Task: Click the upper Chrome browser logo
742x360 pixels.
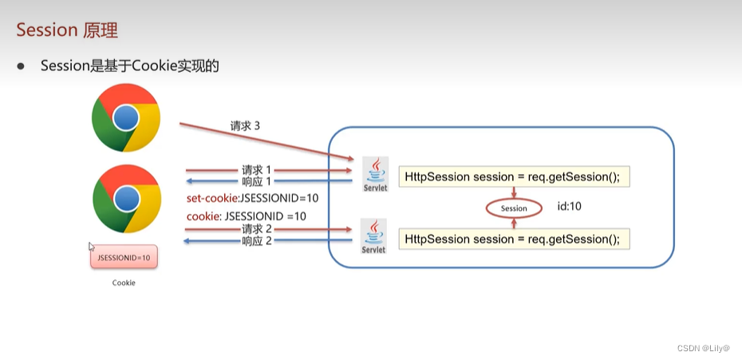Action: [126, 118]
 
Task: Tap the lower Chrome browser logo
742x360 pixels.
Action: [126, 198]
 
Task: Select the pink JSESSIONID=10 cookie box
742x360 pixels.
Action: [124, 257]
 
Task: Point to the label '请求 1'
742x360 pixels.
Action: [257, 169]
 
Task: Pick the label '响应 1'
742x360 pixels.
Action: [257, 180]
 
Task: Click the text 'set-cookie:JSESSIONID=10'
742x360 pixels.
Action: [252, 198]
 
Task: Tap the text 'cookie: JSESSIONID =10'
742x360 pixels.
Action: [247, 216]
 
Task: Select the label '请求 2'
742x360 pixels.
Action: [257, 229]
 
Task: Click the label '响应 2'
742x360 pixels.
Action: [257, 240]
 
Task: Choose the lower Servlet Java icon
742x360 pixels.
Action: [374, 236]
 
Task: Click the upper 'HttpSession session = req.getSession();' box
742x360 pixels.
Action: [514, 176]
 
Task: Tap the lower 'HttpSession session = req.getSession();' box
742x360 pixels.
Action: [514, 239]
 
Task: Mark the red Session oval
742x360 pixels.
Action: [514, 208]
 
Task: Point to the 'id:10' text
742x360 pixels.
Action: [569, 207]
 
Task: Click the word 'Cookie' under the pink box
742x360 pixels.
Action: [124, 283]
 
